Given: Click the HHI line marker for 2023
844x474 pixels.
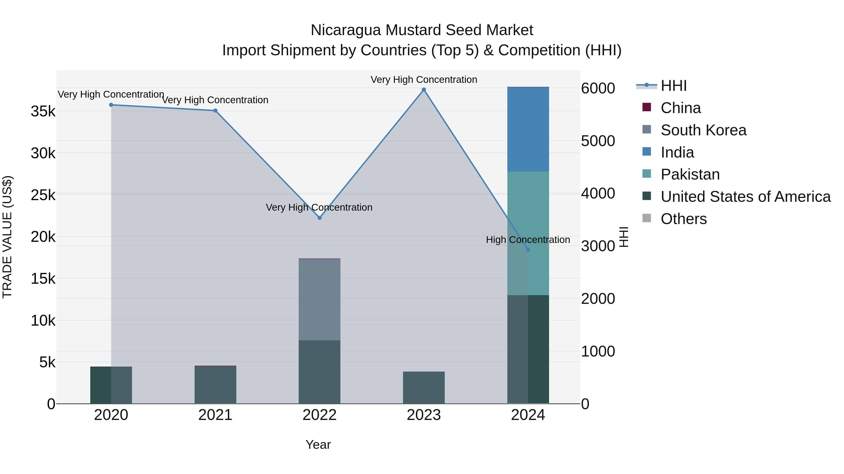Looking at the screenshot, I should [424, 90].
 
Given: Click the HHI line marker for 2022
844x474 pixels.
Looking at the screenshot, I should [320, 218].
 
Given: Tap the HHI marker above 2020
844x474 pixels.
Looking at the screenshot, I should [111, 105].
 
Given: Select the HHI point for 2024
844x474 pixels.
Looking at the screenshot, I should [528, 250].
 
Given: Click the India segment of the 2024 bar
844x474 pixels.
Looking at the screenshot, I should [528, 129].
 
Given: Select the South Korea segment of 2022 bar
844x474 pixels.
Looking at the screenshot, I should [320, 299].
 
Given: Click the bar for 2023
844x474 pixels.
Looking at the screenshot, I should [424, 388].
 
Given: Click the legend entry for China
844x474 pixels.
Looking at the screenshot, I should [681, 108].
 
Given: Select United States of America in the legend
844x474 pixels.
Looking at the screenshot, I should [745, 197].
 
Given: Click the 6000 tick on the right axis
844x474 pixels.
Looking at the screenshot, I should [598, 88].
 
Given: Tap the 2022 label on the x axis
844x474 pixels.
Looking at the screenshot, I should [320, 415].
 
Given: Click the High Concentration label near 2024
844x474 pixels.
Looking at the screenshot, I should [528, 240].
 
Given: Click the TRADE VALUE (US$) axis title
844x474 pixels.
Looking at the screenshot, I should [7, 237].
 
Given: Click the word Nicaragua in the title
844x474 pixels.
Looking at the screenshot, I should [346, 30].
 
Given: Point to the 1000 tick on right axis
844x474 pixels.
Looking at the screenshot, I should [598, 351].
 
